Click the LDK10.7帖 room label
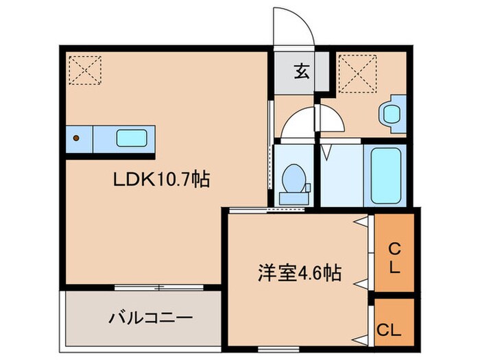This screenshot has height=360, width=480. point(161,180)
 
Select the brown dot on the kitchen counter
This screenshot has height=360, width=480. point(77,138)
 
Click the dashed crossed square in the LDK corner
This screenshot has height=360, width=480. point(85,69)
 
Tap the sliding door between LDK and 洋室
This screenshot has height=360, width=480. point(249,209)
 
